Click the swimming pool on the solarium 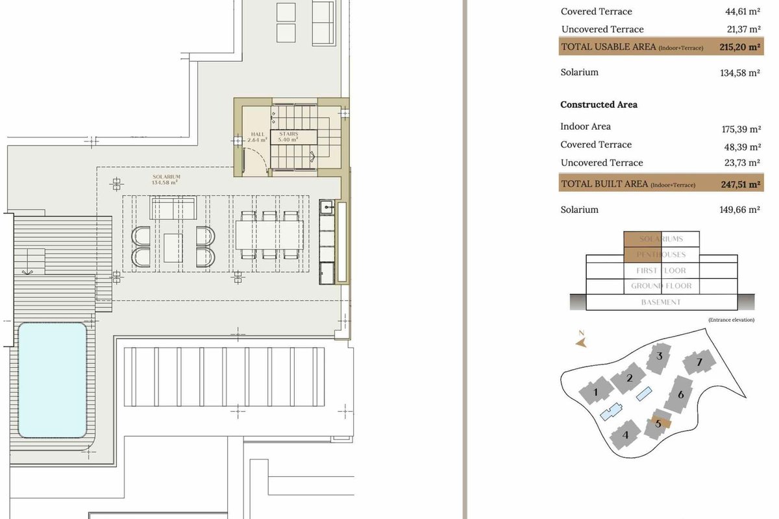click(52, 380)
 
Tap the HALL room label click(257, 134)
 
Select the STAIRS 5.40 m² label click(288, 137)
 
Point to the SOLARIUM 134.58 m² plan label click(166, 179)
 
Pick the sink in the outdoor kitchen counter click(327, 208)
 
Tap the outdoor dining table click(269, 235)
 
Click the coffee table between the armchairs click(173, 248)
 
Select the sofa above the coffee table click(173, 208)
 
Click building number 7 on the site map click(699, 362)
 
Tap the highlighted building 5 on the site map click(658, 424)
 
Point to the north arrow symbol click(581, 341)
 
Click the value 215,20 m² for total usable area click(739, 47)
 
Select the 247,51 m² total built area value click(741, 184)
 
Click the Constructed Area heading click(599, 104)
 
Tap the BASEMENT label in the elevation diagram click(661, 302)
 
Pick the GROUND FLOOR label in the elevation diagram click(661, 286)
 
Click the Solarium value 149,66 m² click(739, 210)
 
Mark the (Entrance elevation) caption click(732, 320)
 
